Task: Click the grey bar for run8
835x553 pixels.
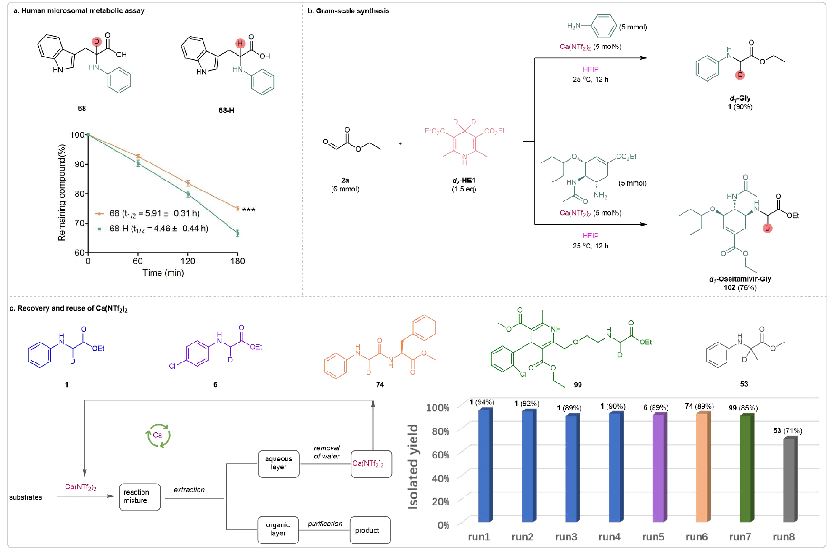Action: click(789, 480)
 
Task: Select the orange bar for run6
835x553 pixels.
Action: click(702, 468)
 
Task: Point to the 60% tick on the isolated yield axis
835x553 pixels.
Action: click(440, 455)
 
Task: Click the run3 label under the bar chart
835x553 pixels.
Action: click(566, 537)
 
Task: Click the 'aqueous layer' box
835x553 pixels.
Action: click(278, 463)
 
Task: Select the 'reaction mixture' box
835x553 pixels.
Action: click(139, 496)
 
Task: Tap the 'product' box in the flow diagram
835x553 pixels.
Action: click(370, 530)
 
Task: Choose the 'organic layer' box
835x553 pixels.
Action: click(278, 529)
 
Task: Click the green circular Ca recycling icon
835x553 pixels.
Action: click(157, 435)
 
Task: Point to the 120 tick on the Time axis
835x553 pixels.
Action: click(188, 261)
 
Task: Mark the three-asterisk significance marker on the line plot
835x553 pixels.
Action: click(248, 210)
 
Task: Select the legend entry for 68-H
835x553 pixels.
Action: click(152, 229)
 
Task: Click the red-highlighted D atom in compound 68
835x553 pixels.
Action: click(97, 42)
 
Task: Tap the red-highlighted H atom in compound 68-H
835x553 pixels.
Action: click(240, 43)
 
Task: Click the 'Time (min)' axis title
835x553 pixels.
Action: click(163, 273)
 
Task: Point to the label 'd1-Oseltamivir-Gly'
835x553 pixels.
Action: click(740, 279)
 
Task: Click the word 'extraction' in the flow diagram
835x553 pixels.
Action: click(189, 490)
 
